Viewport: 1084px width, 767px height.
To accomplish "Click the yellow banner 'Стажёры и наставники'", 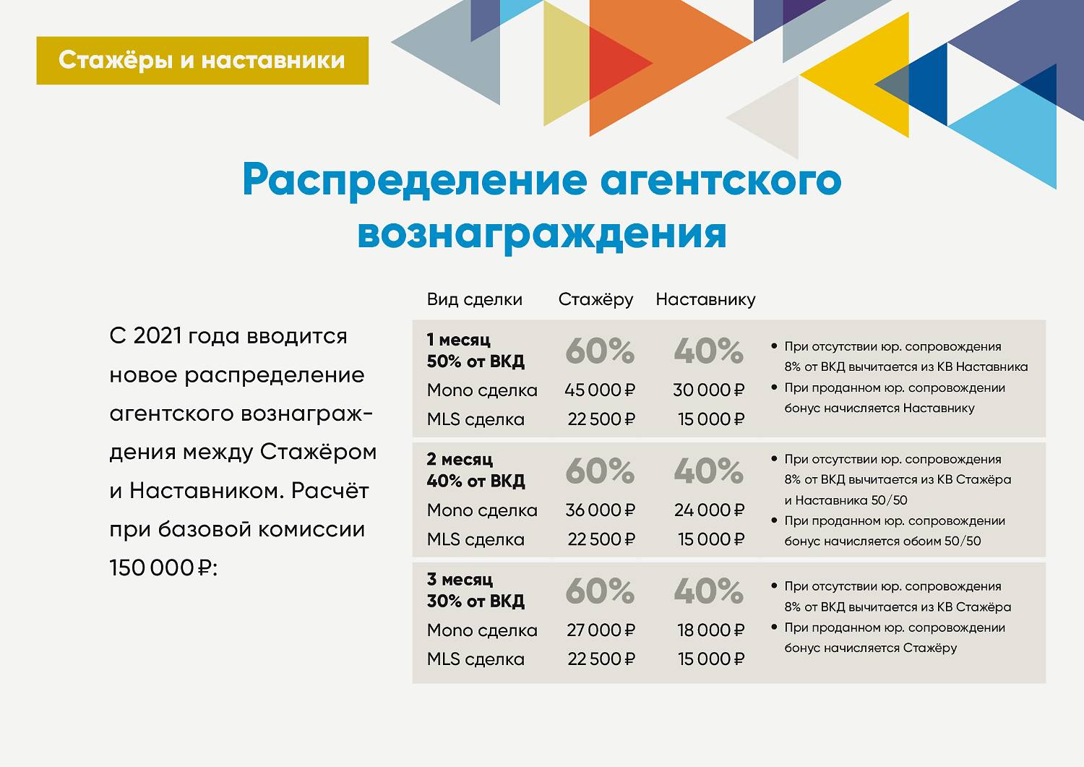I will (202, 60).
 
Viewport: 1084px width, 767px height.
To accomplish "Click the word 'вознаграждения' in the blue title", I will (541, 233).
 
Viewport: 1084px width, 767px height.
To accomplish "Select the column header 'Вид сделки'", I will (474, 299).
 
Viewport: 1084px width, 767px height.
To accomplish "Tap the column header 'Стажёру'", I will (595, 299).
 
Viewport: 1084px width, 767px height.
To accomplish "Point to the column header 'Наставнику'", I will (705, 299).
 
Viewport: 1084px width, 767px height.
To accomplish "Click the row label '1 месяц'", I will (459, 339).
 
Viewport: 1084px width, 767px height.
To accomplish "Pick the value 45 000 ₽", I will (599, 390).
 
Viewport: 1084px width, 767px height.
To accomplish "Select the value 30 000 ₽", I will (708, 390).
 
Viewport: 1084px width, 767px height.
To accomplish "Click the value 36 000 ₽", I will (600, 510).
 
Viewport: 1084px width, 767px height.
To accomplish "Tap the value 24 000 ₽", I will (709, 510).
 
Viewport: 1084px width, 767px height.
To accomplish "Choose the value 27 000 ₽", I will (601, 630).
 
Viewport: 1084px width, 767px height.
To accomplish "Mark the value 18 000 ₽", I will (710, 630).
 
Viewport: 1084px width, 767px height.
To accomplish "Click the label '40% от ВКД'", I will (476, 481).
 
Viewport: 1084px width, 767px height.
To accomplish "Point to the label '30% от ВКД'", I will (476, 601).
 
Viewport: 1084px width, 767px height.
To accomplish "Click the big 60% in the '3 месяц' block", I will (599, 591).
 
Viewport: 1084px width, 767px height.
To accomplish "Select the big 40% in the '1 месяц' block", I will (708, 351).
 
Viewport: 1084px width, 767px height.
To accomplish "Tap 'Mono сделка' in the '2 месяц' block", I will (482, 510).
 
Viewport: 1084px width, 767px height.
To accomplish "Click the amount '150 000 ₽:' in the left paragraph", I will (163, 568).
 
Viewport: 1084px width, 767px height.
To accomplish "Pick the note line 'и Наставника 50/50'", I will (846, 500).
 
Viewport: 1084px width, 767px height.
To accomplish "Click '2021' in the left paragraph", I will (157, 336).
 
